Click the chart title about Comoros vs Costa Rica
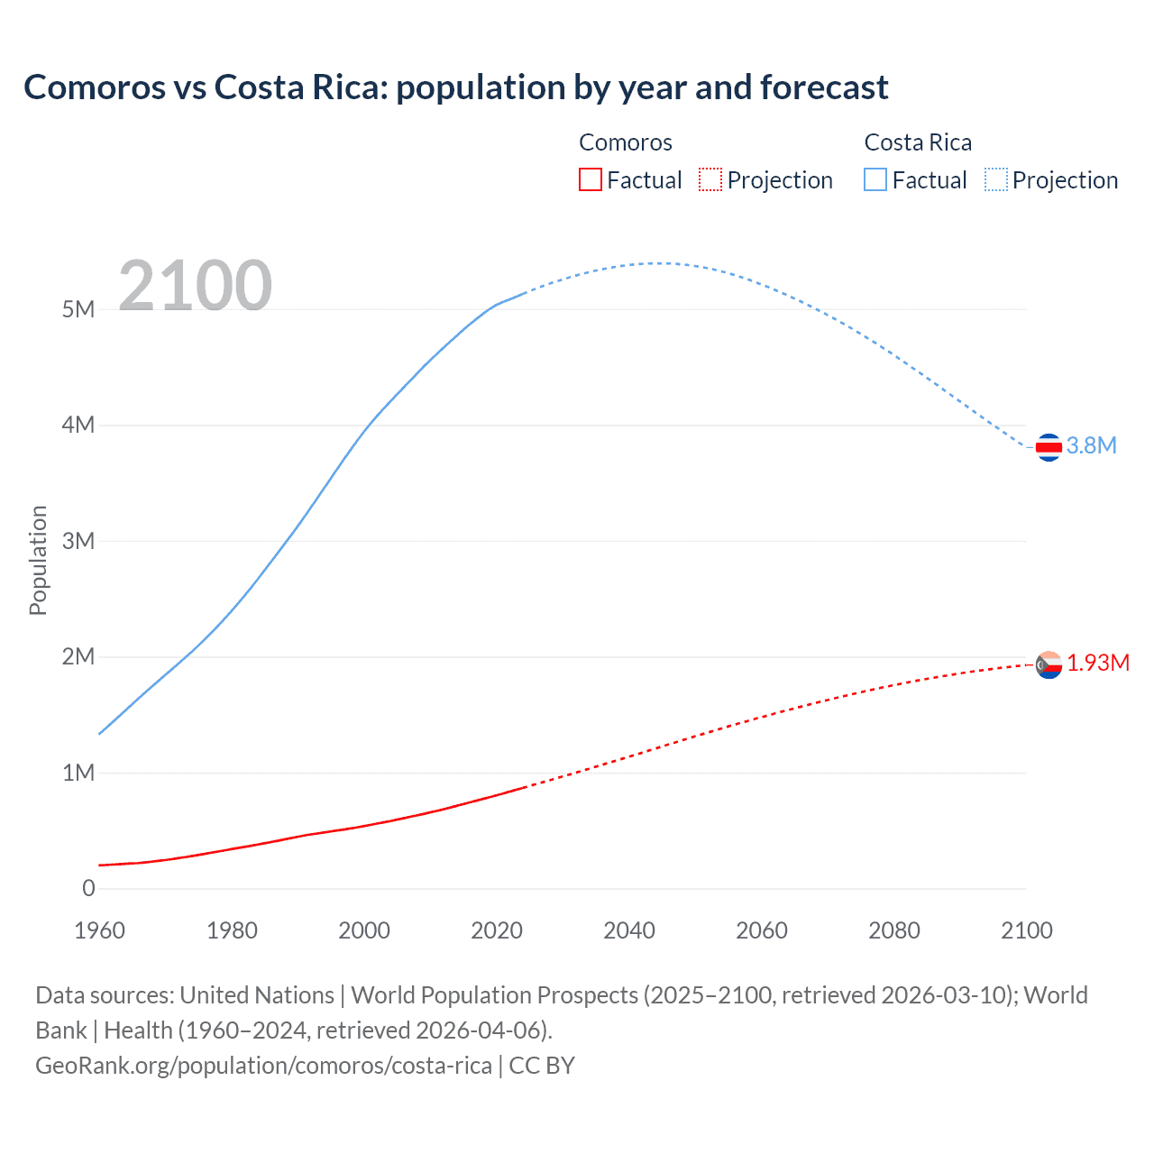click(x=455, y=87)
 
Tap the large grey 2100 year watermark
click(x=195, y=286)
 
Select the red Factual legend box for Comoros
click(x=590, y=179)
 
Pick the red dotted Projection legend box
click(x=710, y=179)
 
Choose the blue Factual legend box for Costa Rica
click(x=875, y=179)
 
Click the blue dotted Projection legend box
click(x=996, y=179)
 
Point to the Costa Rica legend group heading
click(x=918, y=142)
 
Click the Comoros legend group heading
click(x=626, y=142)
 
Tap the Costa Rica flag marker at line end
click(x=1049, y=446)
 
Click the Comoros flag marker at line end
click(x=1049, y=665)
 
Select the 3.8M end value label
click(x=1092, y=445)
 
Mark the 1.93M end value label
click(x=1098, y=664)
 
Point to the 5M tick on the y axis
click(x=78, y=309)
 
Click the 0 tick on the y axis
click(x=88, y=889)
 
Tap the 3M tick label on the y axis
click(x=78, y=541)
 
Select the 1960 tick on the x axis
click(x=99, y=930)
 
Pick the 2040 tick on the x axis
click(x=629, y=930)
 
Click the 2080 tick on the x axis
click(x=894, y=930)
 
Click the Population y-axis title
click(x=38, y=560)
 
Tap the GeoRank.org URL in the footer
click(x=264, y=1066)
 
